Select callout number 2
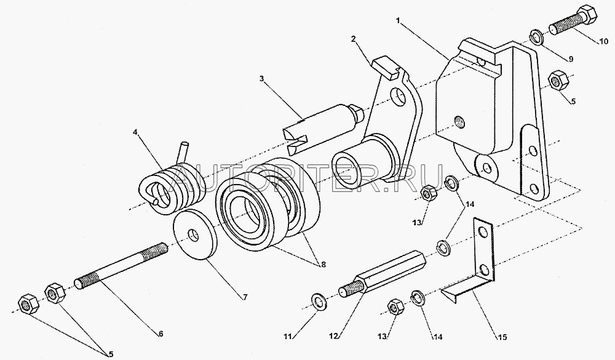pyautogui.click(x=354, y=39)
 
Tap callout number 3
pyautogui.click(x=261, y=78)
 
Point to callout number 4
pyautogui.click(x=135, y=132)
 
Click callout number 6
pyautogui.click(x=161, y=334)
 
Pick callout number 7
pyautogui.click(x=245, y=297)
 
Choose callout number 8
pyautogui.click(x=323, y=265)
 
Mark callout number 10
pyautogui.click(x=603, y=41)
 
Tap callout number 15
pyautogui.click(x=502, y=337)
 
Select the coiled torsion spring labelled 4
pyautogui.click(x=172, y=184)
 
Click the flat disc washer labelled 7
pyautogui.click(x=195, y=234)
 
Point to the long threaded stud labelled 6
pyautogui.click(x=121, y=266)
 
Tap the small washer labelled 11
pyautogui.click(x=319, y=302)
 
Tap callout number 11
pyautogui.click(x=288, y=337)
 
